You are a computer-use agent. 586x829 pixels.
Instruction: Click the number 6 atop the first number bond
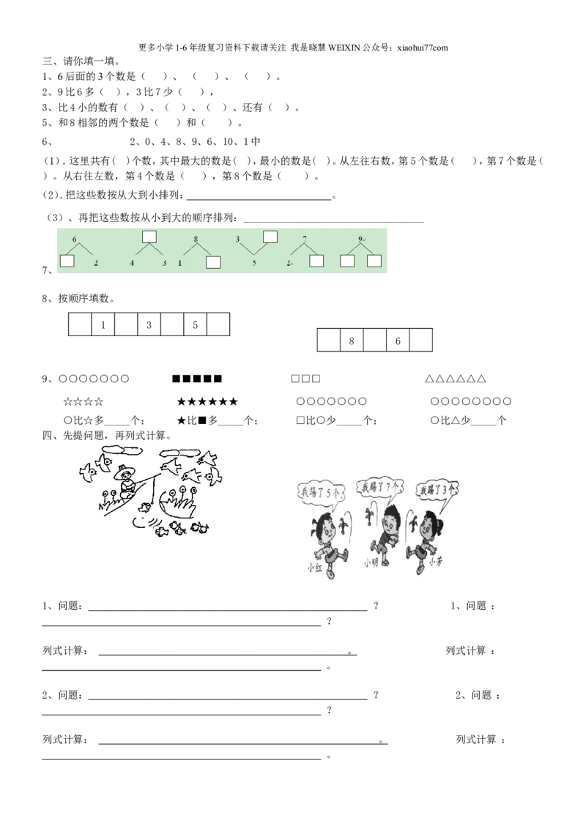click(74, 239)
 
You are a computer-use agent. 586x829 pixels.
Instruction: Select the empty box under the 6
click(67, 261)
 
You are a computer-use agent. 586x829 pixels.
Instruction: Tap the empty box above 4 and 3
click(149, 236)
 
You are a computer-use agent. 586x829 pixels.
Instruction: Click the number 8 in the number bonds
click(196, 239)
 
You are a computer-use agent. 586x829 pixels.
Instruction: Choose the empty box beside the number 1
click(213, 263)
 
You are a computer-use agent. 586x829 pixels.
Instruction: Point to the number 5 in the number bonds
click(254, 262)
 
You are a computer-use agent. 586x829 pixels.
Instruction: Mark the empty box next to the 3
click(270, 236)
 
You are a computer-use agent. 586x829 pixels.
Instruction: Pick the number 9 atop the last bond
click(360, 239)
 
